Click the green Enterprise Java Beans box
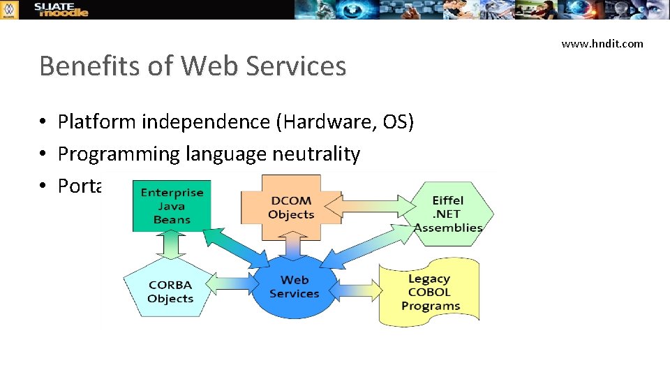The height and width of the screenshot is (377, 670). [x=171, y=206]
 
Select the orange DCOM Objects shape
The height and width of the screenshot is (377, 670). [x=291, y=207]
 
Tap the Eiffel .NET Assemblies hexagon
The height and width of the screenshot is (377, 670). [x=448, y=214]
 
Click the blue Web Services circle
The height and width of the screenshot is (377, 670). [x=294, y=286]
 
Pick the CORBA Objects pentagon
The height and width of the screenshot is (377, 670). [x=170, y=291]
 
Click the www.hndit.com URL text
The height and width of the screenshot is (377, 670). [x=602, y=43]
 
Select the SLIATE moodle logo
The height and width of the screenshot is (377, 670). [x=62, y=9]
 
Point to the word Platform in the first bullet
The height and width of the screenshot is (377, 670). [x=97, y=122]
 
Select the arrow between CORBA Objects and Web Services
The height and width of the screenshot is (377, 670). [x=230, y=284]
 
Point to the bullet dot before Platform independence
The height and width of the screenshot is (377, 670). [x=43, y=123]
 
